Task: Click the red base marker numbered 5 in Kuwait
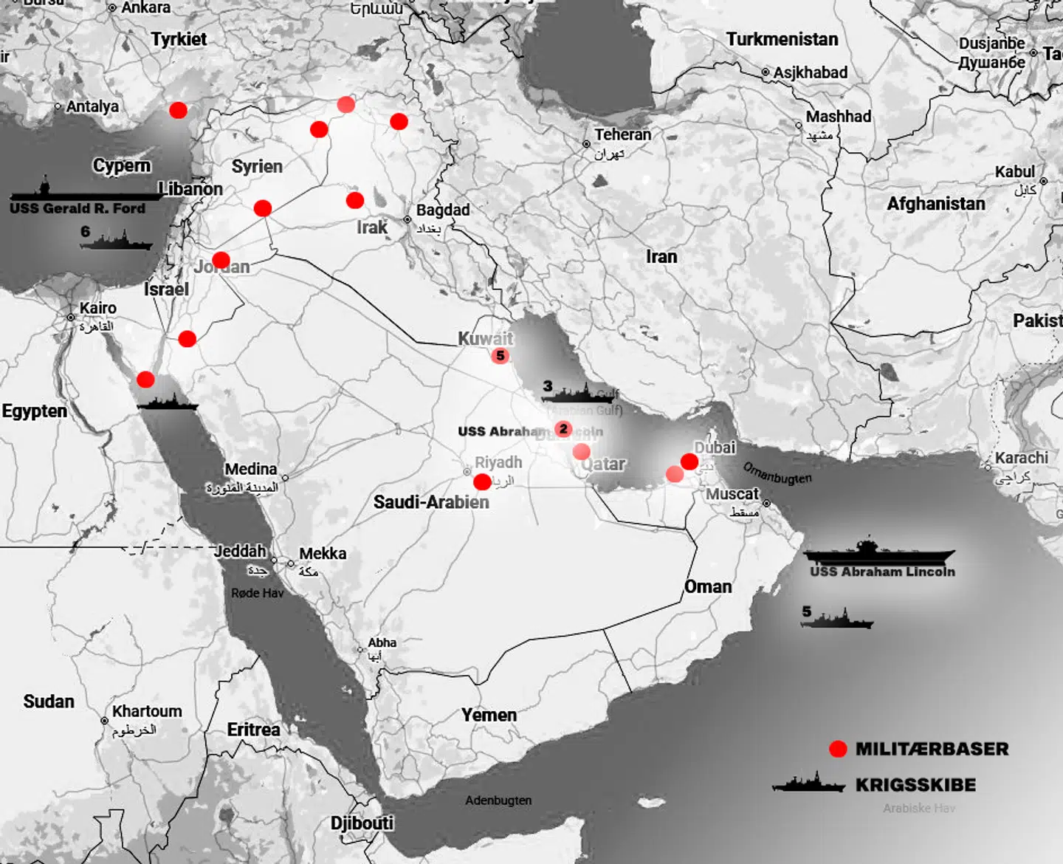tap(500, 356)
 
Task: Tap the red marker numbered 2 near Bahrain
tap(563, 429)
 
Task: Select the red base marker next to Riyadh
tap(482, 482)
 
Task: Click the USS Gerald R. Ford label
tap(78, 209)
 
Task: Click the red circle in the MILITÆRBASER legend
tap(838, 749)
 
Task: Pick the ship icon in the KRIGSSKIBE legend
tap(809, 784)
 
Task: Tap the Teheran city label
tap(623, 134)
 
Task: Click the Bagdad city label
tap(443, 210)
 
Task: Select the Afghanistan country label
tap(936, 204)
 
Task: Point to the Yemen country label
tap(489, 715)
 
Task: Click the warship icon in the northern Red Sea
tap(168, 403)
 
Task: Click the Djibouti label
tap(362, 823)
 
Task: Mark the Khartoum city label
tap(147, 711)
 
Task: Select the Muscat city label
tap(732, 493)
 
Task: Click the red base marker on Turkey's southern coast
tap(178, 110)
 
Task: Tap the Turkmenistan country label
tap(782, 39)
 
